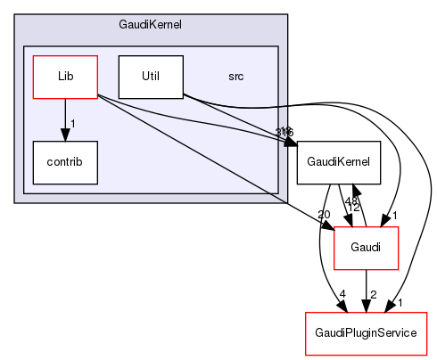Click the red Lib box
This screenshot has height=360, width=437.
click(64, 77)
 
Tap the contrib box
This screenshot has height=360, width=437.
click(64, 162)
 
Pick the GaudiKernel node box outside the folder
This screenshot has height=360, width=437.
click(339, 163)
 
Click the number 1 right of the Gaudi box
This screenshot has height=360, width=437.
click(393, 216)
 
